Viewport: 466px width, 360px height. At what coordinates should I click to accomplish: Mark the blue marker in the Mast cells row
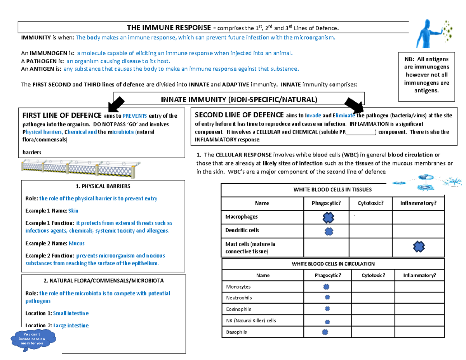pos(419,246)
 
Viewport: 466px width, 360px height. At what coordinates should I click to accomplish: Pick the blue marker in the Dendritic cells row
pos(328,231)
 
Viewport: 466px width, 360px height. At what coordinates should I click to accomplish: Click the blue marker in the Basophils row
pos(325,332)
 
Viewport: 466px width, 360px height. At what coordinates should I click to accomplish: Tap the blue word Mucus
pos(77,243)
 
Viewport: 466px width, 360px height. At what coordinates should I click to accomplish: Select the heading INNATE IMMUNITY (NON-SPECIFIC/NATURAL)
pos(239,100)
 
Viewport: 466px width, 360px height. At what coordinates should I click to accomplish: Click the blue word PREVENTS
pos(135,115)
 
